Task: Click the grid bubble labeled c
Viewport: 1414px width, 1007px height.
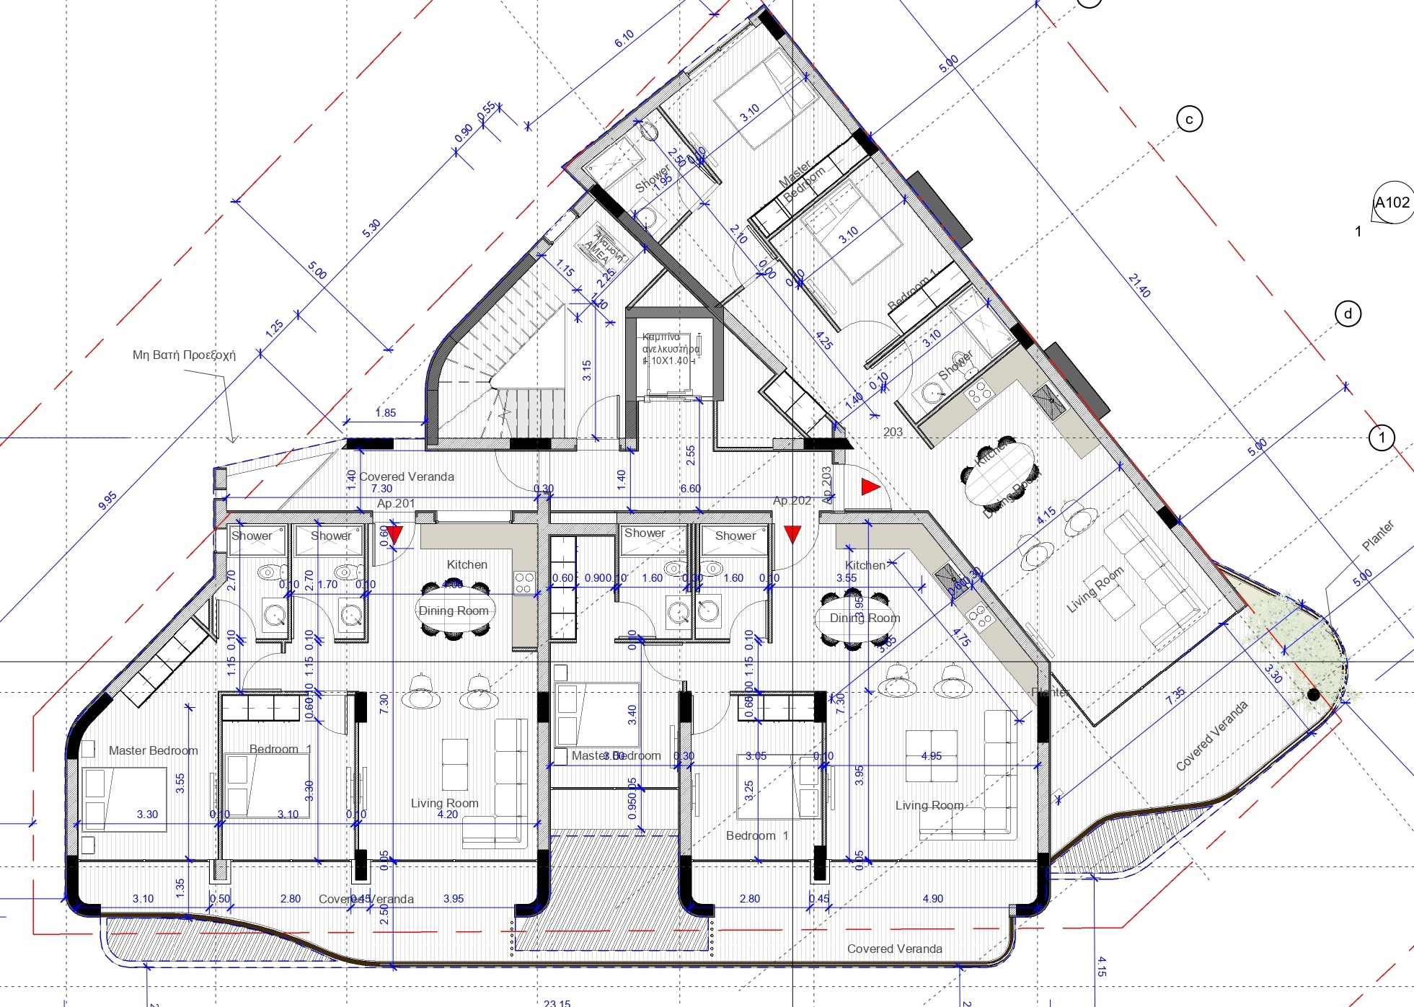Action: tap(1189, 119)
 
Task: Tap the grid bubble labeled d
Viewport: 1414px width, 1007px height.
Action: tap(1348, 314)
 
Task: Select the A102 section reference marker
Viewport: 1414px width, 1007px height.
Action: tap(1392, 203)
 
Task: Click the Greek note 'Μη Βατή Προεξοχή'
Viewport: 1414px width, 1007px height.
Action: tap(184, 355)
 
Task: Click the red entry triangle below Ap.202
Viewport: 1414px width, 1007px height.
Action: tap(792, 534)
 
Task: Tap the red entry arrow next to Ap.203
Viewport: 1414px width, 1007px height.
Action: tap(870, 487)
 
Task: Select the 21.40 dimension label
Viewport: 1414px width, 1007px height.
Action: tap(1139, 285)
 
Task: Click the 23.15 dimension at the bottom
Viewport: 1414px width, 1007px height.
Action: tap(557, 1002)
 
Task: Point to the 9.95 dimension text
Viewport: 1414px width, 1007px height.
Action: tap(107, 501)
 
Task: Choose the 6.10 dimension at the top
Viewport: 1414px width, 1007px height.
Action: tap(624, 39)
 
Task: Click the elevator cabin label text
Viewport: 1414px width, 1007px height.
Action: tap(670, 349)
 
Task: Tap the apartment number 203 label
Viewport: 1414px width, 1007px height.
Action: tap(893, 432)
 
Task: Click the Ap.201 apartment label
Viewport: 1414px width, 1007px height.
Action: tap(396, 503)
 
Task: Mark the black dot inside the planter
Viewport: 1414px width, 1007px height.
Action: tap(1313, 695)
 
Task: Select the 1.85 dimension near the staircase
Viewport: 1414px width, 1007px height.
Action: tap(386, 413)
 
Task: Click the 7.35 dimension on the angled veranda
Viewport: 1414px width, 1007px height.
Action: tap(1175, 695)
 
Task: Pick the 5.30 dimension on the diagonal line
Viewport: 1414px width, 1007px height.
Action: tap(371, 229)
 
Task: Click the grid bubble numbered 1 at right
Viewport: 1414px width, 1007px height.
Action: tap(1382, 438)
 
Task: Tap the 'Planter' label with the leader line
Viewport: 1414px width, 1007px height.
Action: tap(1377, 536)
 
